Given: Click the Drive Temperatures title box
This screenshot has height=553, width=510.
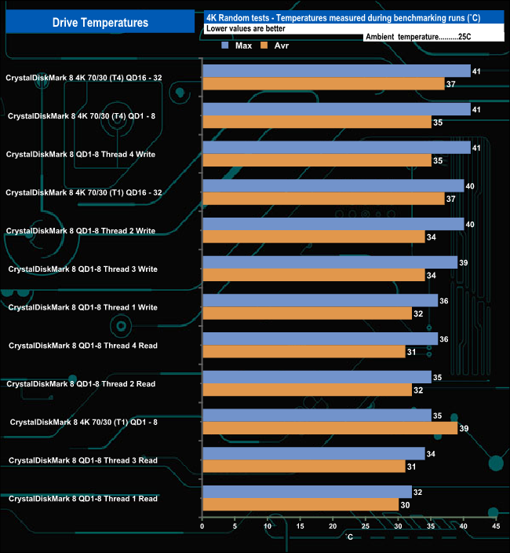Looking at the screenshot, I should pos(100,22).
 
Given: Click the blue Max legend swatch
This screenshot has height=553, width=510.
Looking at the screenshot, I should pos(226,46).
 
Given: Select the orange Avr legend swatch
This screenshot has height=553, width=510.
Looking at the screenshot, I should pos(264,46).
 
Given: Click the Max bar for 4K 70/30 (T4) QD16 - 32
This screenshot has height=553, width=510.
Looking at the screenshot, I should pos(336,71).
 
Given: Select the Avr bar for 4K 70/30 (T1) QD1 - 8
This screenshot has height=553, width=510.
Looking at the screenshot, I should pos(330,427).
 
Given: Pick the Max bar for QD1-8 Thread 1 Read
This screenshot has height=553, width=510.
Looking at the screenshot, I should pos(307,493).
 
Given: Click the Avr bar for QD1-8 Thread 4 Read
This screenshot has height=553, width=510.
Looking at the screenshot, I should pos(304,351).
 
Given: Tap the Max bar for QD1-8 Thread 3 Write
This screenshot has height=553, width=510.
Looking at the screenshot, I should pos(330,262).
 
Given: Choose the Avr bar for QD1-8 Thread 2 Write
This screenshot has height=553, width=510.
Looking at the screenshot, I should pos(313,236).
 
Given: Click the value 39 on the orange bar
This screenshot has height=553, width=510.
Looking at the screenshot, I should pos(464,427).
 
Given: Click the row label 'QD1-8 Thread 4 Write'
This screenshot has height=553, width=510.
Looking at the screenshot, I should pos(80,155).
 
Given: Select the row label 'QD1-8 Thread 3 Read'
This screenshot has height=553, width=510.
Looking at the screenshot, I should pos(82,460).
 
